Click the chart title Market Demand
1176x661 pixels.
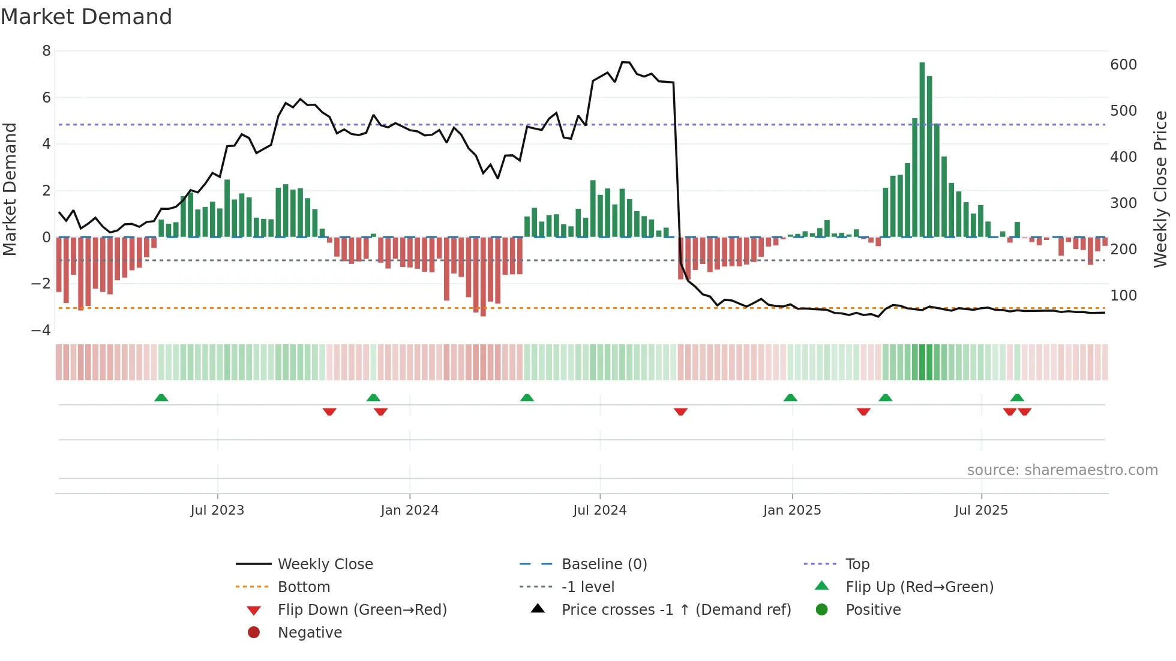(86, 17)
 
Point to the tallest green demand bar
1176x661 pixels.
(922, 150)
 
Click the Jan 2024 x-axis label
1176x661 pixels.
(410, 510)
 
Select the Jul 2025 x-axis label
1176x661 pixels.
(982, 510)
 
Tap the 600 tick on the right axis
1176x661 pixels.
(1124, 65)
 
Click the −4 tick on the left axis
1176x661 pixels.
(41, 330)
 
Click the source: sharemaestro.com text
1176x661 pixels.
(1062, 470)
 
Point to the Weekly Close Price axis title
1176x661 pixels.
(1160, 189)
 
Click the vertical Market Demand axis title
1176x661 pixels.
(10, 189)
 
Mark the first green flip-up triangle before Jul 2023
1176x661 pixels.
(161, 398)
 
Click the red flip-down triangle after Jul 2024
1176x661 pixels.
(680, 411)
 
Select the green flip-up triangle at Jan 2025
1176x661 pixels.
(790, 398)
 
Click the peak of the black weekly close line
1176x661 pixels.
(625, 62)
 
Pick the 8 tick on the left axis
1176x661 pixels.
(46, 51)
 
